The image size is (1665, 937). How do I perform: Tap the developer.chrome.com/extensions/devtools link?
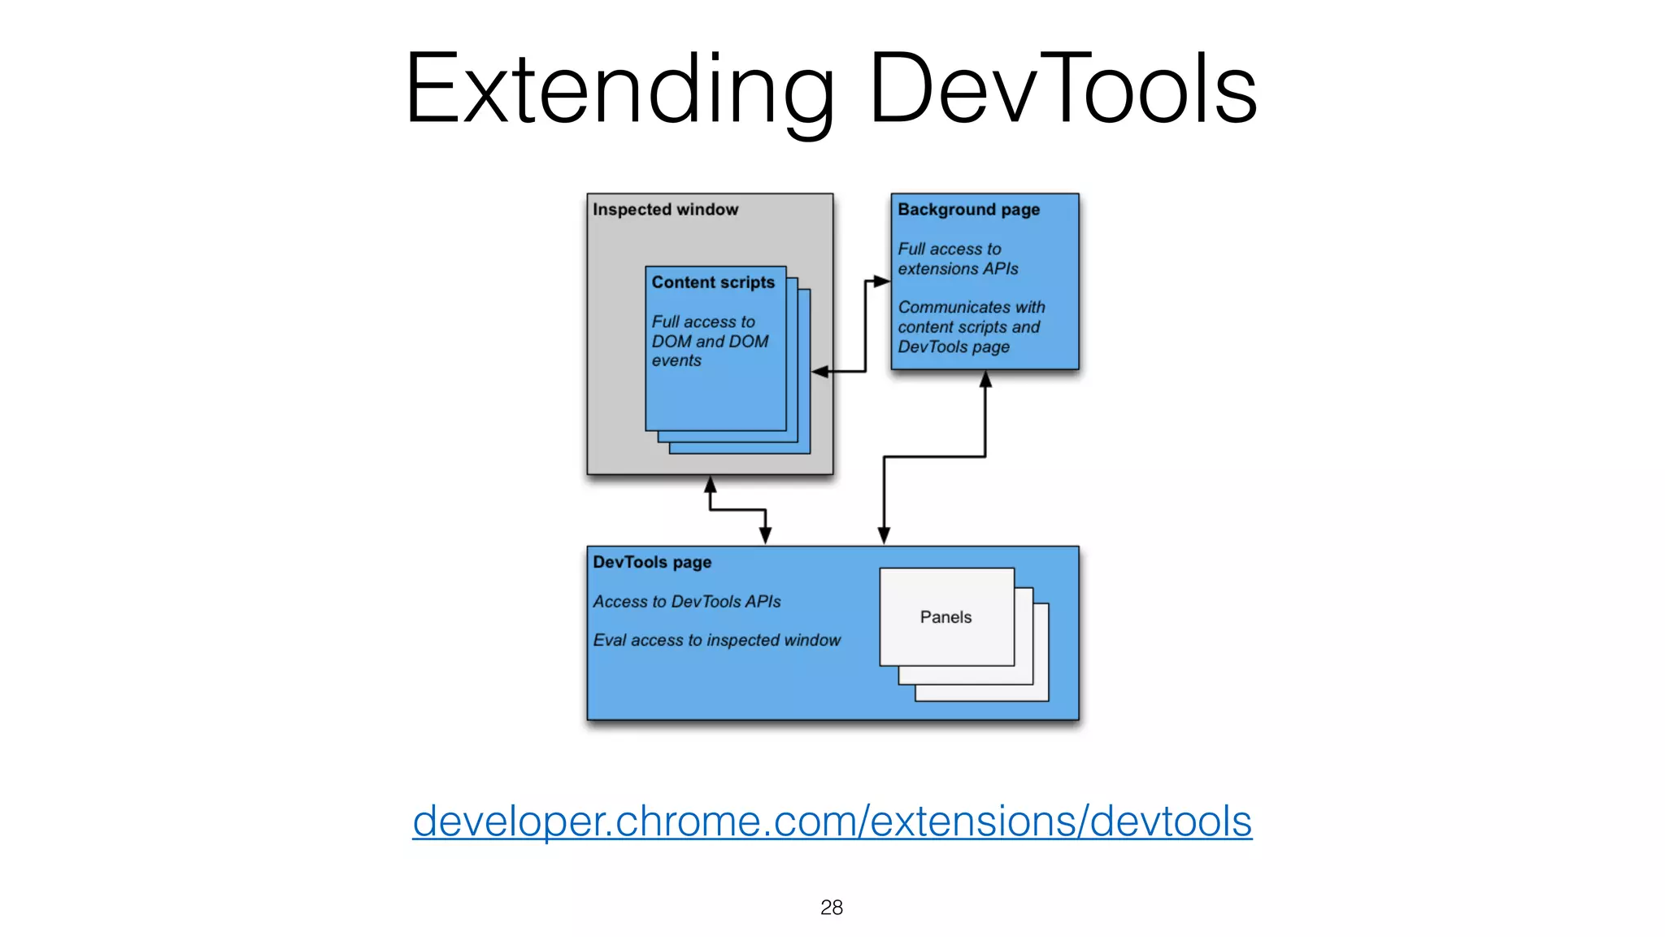coord(832,821)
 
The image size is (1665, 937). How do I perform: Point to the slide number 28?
coord(831,907)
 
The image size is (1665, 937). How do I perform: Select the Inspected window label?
coord(665,210)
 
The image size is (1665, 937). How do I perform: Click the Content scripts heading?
coord(713,282)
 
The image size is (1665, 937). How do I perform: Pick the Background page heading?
coord(968,210)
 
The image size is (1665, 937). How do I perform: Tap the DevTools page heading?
coord(652,562)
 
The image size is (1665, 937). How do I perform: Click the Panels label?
coord(946,617)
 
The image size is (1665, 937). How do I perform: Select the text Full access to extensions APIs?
coord(957,259)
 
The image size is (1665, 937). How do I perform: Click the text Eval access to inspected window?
coord(716,641)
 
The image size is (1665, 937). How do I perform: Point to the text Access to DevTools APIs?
coord(686,602)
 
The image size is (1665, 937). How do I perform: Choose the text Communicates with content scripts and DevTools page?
coord(970,327)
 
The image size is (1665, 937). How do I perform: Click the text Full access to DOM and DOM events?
coord(709,342)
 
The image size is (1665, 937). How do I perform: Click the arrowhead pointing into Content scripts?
coord(819,372)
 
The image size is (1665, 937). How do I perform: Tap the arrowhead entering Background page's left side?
coord(882,281)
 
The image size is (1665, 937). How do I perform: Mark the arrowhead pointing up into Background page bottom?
coord(985,379)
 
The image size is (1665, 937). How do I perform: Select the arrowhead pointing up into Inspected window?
coord(710,484)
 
